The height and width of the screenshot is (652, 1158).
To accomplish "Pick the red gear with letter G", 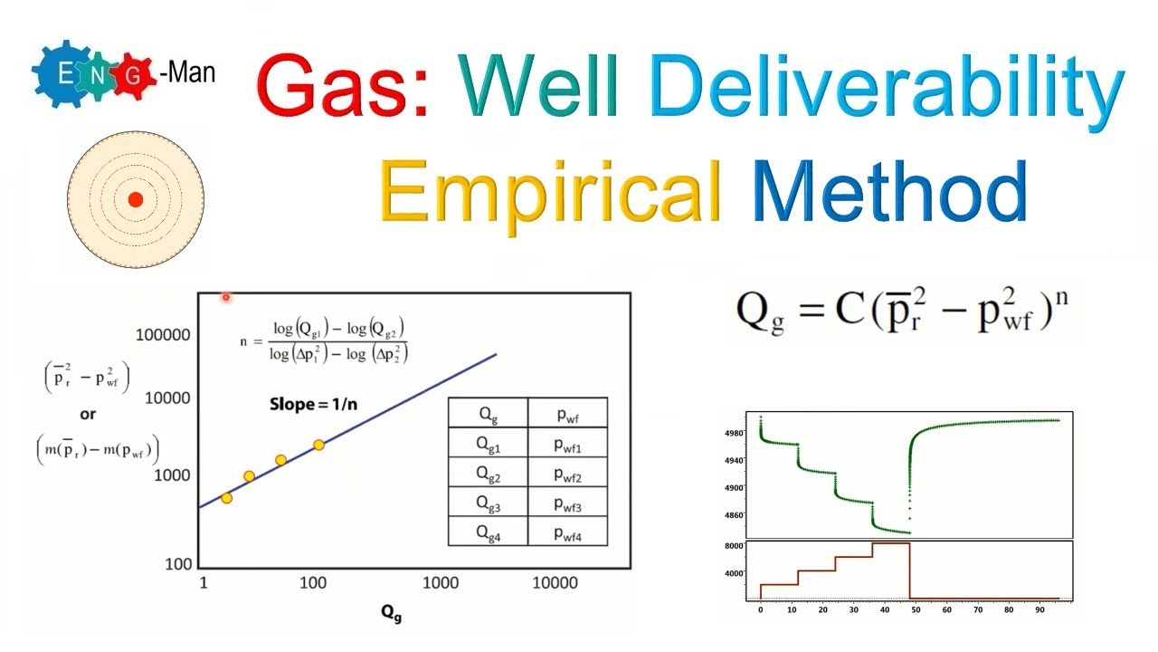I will coord(132,76).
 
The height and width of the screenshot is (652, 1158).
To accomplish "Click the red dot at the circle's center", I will coord(136,199).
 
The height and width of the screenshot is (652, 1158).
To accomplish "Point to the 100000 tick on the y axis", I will coord(163,335).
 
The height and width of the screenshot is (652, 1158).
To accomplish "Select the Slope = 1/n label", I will coord(313,404).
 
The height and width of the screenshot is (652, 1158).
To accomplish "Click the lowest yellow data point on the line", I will coord(226,498).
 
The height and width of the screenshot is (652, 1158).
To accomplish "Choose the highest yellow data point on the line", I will coord(318,445).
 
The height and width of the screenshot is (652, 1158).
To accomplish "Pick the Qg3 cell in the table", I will coord(489,501).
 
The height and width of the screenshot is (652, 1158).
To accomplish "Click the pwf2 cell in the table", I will coord(567,472).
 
